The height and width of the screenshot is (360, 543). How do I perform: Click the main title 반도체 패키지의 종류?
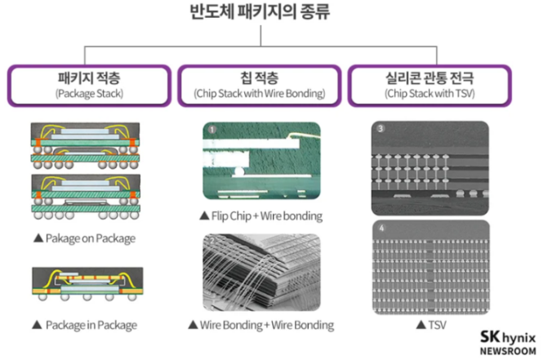pos(271,15)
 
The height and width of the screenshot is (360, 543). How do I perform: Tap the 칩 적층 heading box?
pos(260,85)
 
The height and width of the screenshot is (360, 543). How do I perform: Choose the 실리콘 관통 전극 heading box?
pos(430,85)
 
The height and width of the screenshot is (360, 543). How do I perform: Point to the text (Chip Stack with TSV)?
pos(430,94)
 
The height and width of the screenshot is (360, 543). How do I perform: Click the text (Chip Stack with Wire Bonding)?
pos(260,94)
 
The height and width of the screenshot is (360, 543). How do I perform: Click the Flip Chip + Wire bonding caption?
pos(260,216)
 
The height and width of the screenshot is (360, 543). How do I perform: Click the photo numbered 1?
pos(261,162)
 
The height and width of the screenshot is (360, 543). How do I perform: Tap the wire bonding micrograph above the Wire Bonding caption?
pos(261,272)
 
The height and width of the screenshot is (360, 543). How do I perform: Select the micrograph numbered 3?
pos(430,162)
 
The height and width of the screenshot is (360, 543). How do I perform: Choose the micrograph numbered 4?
pos(430,267)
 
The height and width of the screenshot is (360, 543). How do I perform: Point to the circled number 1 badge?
pos(211,129)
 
